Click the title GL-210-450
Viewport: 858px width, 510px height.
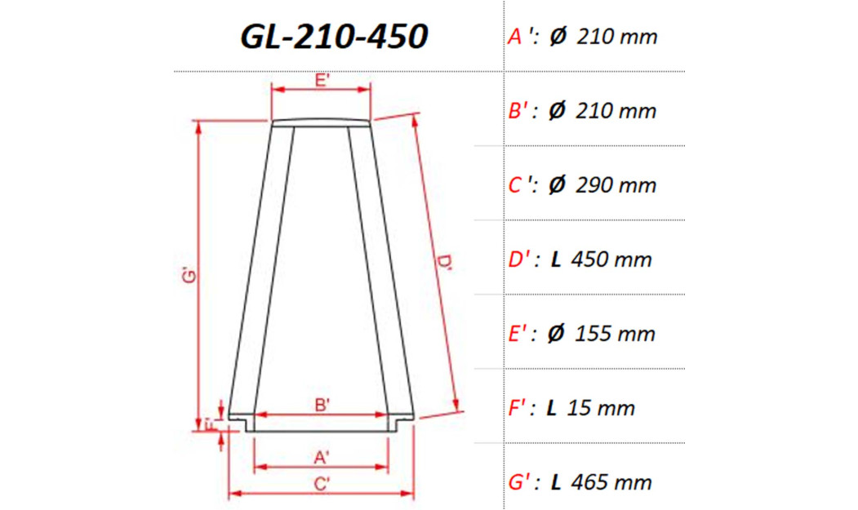[x=334, y=37]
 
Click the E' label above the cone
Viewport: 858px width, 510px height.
[x=322, y=80]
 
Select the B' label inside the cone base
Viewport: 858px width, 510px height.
[x=322, y=404]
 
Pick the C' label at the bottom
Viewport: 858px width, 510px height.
[x=322, y=483]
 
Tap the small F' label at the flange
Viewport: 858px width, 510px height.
[x=209, y=424]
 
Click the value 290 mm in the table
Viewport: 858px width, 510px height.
[x=616, y=185]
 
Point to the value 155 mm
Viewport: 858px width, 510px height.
[x=615, y=334]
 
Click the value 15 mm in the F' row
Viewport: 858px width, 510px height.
[x=603, y=408]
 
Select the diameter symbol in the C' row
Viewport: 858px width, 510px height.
[x=557, y=185]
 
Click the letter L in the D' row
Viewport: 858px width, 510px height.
[x=556, y=259]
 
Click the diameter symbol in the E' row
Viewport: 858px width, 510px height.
[x=557, y=334]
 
